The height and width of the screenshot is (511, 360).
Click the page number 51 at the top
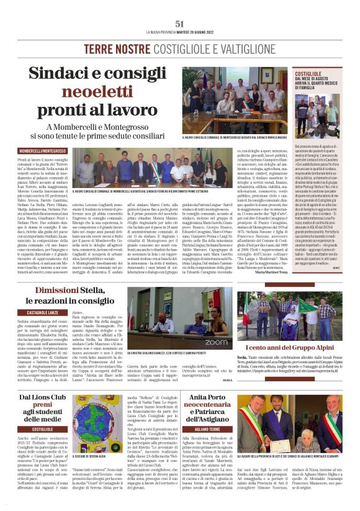(x=180, y=23)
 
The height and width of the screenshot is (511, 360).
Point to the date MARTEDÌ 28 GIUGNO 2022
(x=199, y=32)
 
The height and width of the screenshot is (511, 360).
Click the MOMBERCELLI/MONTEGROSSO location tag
(x=35, y=151)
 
